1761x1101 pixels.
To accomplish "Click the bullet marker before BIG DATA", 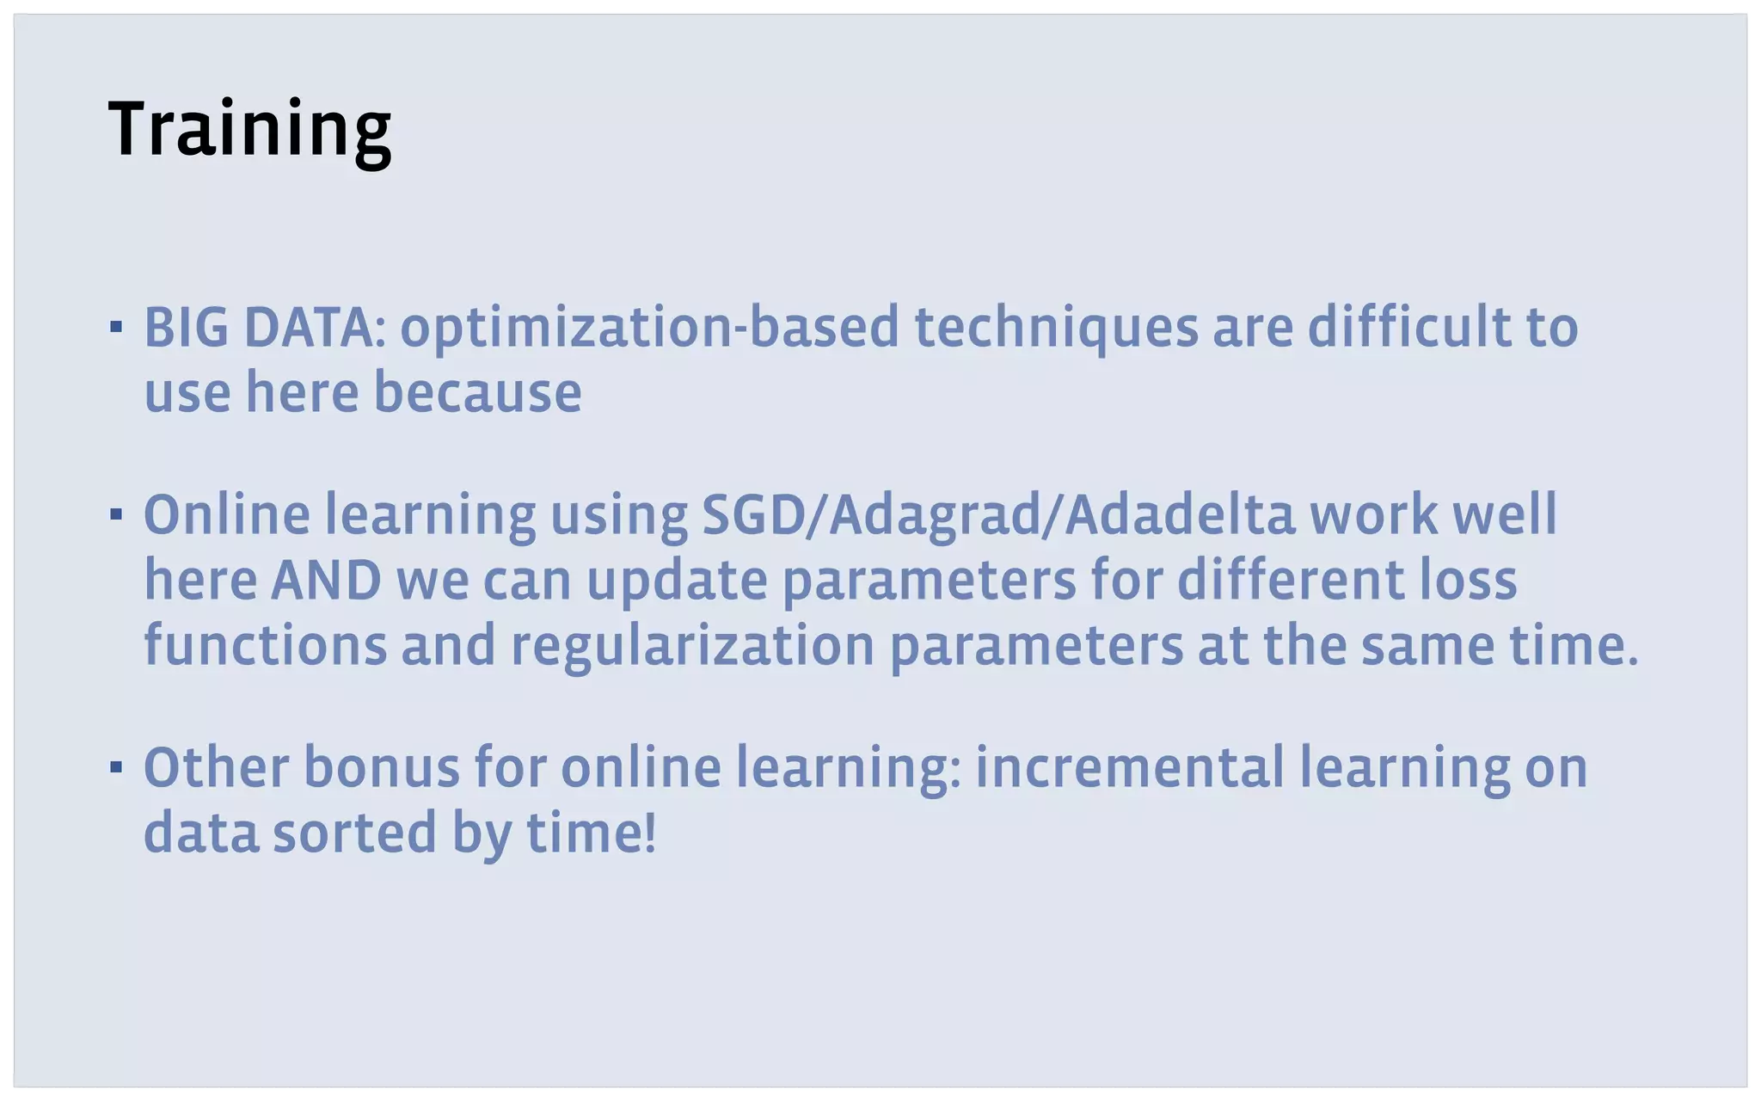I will [x=116, y=327].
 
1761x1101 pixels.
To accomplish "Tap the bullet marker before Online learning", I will [x=116, y=514].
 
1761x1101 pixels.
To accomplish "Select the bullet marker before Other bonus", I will [x=116, y=766].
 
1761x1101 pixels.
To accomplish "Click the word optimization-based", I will [x=649, y=329].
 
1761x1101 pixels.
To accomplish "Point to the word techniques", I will [x=1056, y=329].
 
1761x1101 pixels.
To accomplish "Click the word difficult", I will [x=1410, y=327].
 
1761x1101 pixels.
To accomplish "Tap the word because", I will [x=477, y=393].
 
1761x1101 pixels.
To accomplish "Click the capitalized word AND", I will [x=326, y=581].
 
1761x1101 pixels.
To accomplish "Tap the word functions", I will [x=265, y=645].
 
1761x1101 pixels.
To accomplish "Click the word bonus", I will [x=382, y=767].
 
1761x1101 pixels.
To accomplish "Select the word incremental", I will [x=1129, y=767].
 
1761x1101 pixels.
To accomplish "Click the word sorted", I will [x=355, y=833].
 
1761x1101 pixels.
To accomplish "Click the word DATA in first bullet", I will [x=309, y=328].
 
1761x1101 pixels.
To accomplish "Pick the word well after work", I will [x=1505, y=515].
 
